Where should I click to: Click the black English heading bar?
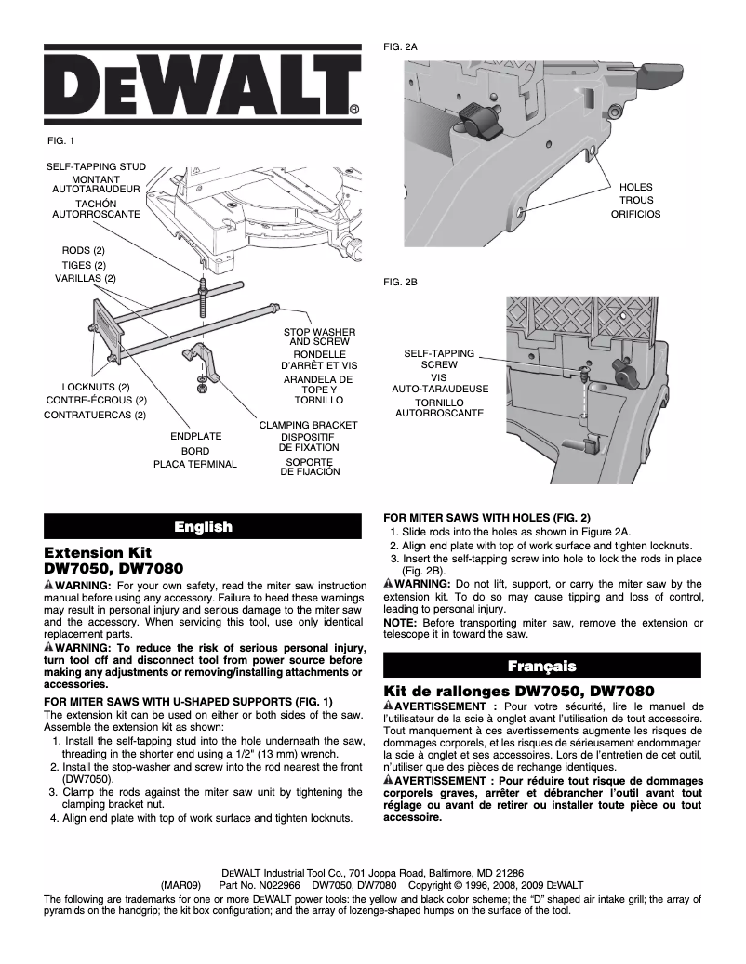(x=203, y=527)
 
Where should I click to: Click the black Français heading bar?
(x=541, y=666)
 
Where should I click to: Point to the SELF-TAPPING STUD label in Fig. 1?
(x=97, y=167)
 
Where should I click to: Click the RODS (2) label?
(x=84, y=251)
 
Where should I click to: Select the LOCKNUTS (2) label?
(x=96, y=387)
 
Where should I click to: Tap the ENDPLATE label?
(x=195, y=436)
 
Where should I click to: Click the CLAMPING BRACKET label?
(x=308, y=425)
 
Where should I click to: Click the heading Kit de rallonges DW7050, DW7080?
(x=520, y=692)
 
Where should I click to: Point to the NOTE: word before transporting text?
(x=400, y=621)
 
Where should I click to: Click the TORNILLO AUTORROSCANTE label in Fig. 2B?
(x=440, y=406)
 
